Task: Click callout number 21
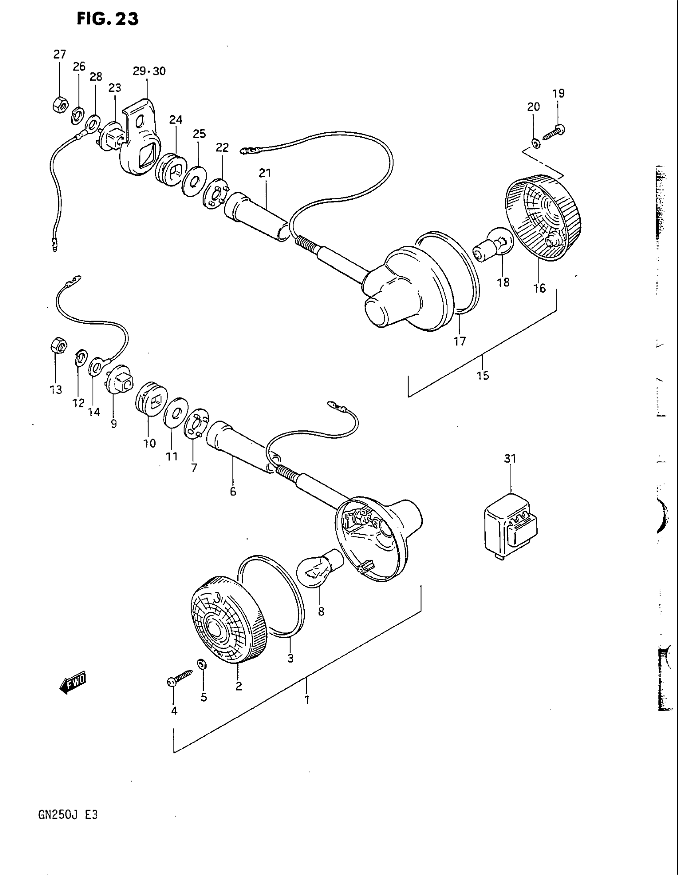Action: click(x=265, y=173)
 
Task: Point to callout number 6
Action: click(x=233, y=492)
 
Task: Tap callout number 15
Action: click(x=483, y=376)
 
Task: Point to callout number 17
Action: click(x=459, y=341)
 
